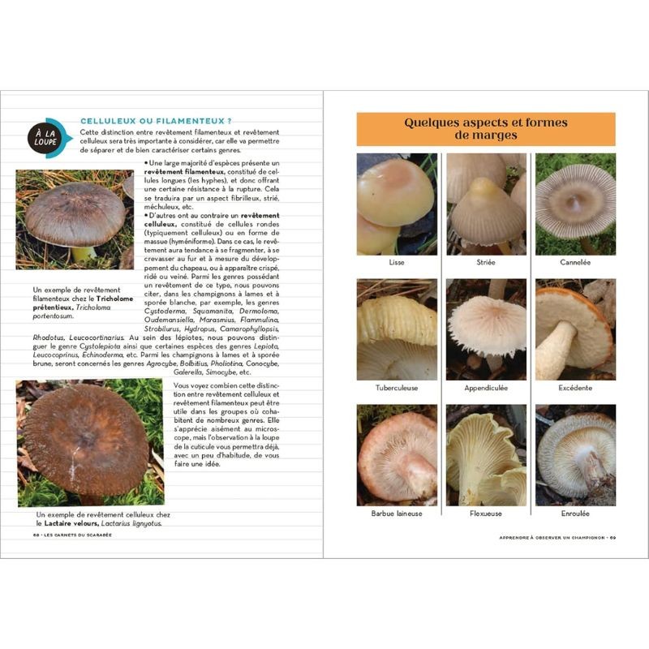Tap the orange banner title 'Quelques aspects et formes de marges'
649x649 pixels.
click(x=486, y=129)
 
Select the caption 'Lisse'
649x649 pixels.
click(x=397, y=262)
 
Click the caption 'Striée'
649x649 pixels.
click(x=486, y=262)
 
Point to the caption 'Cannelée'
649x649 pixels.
click(x=575, y=262)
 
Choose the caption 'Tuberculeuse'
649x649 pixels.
click(x=397, y=388)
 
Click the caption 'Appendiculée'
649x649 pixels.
click(x=486, y=388)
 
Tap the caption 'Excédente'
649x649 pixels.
click(x=575, y=388)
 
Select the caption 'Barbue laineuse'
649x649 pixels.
click(x=397, y=514)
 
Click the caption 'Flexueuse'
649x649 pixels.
click(x=486, y=514)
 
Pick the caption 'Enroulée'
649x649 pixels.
click(x=575, y=514)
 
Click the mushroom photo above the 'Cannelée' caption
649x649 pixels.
click(x=575, y=203)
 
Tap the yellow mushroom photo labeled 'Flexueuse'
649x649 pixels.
click(x=486, y=454)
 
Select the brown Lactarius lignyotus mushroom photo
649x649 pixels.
click(x=89, y=443)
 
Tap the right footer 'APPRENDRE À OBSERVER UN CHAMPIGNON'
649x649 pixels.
click(x=552, y=536)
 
